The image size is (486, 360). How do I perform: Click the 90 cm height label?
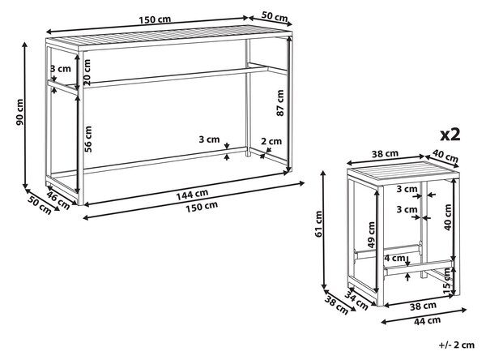tap(19, 112)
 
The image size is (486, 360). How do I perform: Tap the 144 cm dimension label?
tap(192, 195)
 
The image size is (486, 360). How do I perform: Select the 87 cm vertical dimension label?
tap(280, 103)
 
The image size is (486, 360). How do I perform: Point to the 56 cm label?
tap(88, 139)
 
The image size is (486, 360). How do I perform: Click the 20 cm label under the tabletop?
tap(87, 72)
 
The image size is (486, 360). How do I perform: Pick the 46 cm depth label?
tap(58, 200)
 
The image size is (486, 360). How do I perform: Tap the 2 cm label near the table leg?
tap(271, 142)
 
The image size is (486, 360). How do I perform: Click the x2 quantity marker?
tap(450, 135)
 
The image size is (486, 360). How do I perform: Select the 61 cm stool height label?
tap(318, 224)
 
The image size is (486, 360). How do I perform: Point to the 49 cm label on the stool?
tap(371, 234)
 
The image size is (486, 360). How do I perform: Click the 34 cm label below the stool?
tap(356, 301)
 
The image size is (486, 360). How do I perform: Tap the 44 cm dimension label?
tap(427, 320)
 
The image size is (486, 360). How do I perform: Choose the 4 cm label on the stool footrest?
tap(395, 258)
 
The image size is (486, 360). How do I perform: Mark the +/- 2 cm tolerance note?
tap(457, 345)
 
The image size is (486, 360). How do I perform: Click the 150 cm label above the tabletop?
tap(155, 19)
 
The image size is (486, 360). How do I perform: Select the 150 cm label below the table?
tap(202, 207)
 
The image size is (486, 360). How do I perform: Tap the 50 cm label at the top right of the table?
tap(275, 16)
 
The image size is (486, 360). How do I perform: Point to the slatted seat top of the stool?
tap(403, 173)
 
